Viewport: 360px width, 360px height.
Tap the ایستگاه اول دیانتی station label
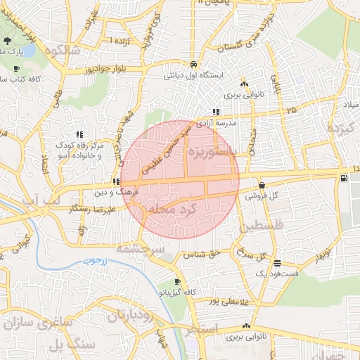(193, 73)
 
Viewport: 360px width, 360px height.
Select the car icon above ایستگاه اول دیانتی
(193, 62)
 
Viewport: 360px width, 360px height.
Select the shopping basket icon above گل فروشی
(262, 186)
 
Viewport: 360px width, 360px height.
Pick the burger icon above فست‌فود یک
(277, 262)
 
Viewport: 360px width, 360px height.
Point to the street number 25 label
(291, 110)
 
